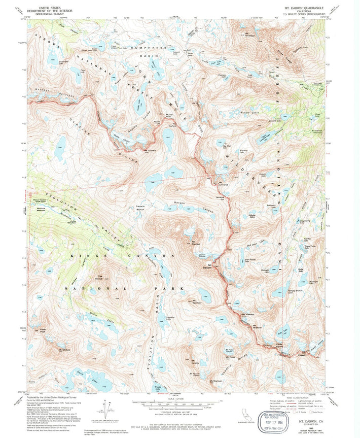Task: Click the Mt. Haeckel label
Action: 247,315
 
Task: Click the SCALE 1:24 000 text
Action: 179,397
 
